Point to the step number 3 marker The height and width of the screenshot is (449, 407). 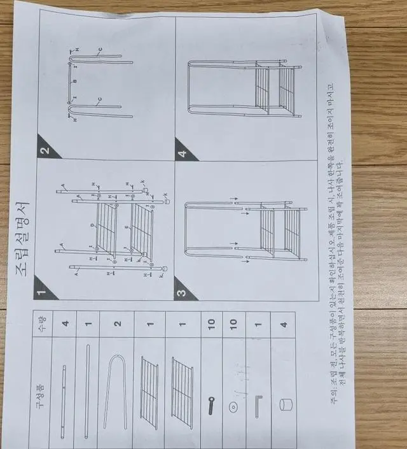point(183,292)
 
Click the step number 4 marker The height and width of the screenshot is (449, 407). point(183,152)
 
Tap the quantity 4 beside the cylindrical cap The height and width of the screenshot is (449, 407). point(283,324)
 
